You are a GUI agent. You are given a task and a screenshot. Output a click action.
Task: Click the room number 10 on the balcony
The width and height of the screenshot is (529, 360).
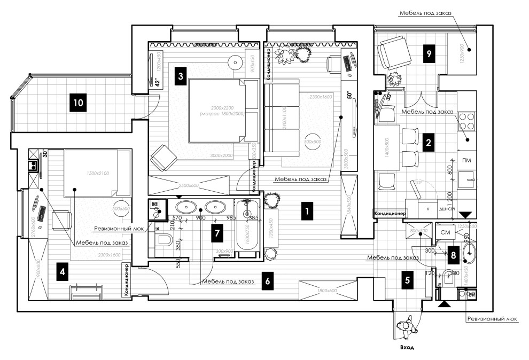pyautogui.click(x=79, y=102)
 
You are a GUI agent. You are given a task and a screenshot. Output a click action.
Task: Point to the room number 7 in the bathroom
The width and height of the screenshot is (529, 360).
pyautogui.click(x=216, y=233)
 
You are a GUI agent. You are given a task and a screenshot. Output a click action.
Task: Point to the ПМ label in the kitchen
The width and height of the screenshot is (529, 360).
pyautogui.click(x=466, y=161)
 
